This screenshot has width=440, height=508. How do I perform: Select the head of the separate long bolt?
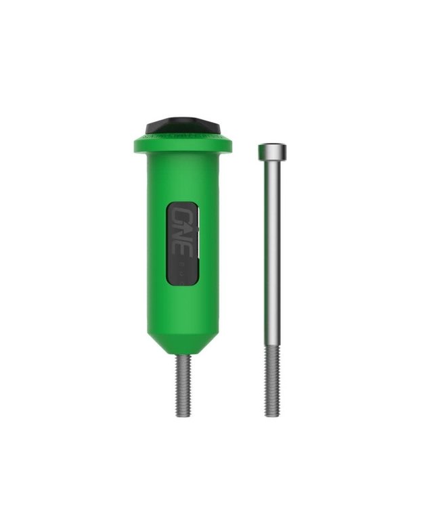(271, 151)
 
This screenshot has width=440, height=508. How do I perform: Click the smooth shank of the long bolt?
(271, 257)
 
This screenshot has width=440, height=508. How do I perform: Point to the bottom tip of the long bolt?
(271, 415)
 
